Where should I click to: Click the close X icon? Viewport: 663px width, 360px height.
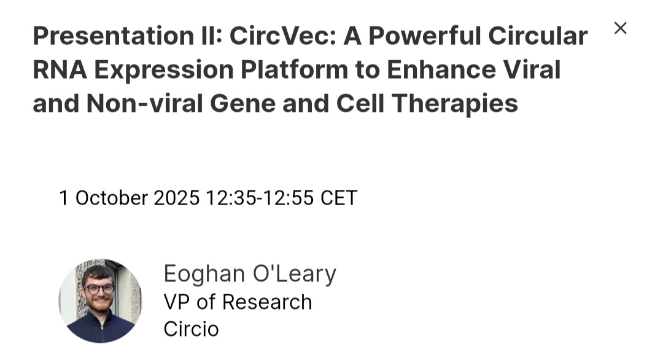point(620,28)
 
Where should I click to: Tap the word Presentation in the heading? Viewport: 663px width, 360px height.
point(114,36)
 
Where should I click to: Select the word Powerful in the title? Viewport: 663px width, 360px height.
point(425,36)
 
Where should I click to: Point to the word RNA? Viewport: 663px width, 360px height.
point(60,69)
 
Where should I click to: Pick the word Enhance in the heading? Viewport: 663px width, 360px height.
point(441,69)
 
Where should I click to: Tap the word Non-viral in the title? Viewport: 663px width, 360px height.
point(145,103)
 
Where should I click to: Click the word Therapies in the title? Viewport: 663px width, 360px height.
point(455,104)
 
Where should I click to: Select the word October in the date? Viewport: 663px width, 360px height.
point(112,198)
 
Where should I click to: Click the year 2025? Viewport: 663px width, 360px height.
point(176,198)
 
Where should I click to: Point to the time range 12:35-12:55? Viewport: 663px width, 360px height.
point(260,198)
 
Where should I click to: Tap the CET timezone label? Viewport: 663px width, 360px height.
point(339,198)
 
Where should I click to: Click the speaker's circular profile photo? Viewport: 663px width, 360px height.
point(100,301)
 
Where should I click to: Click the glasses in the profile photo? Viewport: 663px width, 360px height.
point(99,289)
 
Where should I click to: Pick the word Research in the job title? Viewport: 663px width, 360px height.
point(267,302)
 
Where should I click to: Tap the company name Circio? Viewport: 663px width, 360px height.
point(191,329)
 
